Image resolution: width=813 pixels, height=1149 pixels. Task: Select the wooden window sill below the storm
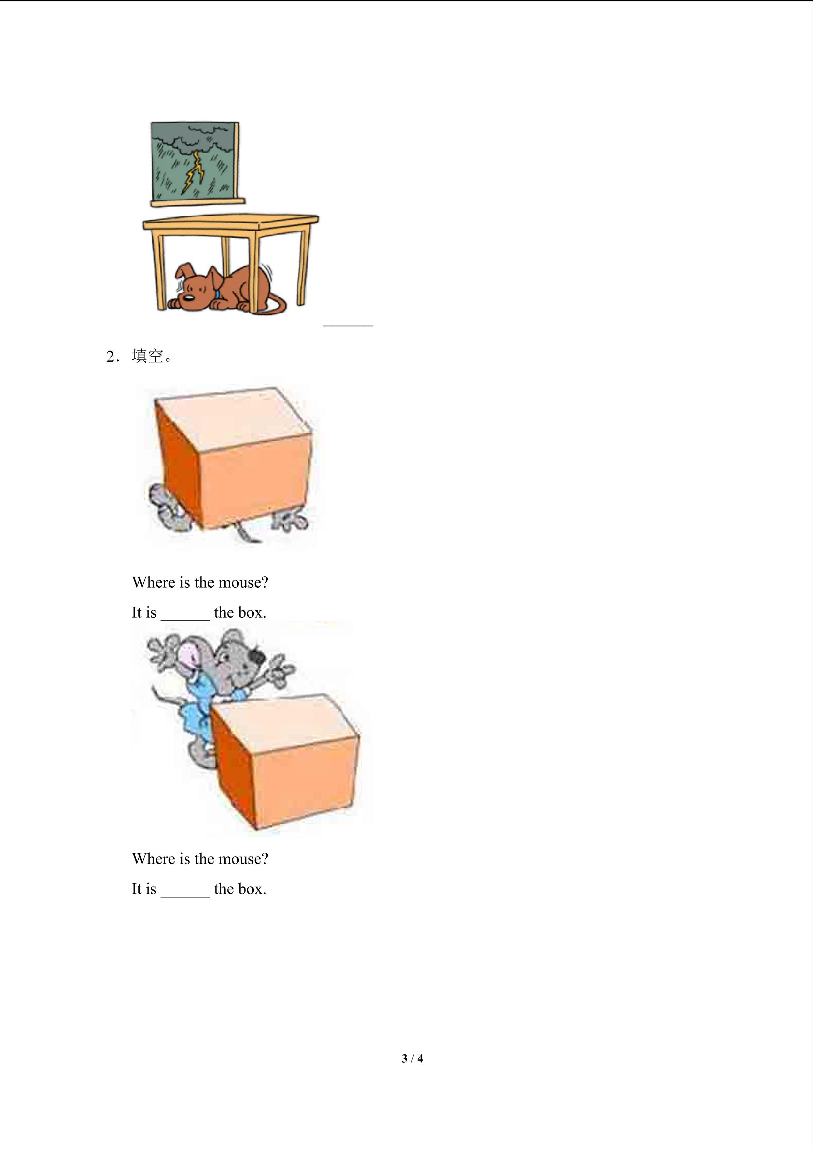pyautogui.click(x=198, y=202)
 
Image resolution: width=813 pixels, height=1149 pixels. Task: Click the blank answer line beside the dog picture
pyautogui.click(x=348, y=324)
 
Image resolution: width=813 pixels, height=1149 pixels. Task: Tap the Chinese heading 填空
pyautogui.click(x=148, y=356)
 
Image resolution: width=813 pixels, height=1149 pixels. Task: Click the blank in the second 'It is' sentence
pyautogui.click(x=185, y=890)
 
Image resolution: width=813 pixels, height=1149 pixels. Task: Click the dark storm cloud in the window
pyautogui.click(x=200, y=138)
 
